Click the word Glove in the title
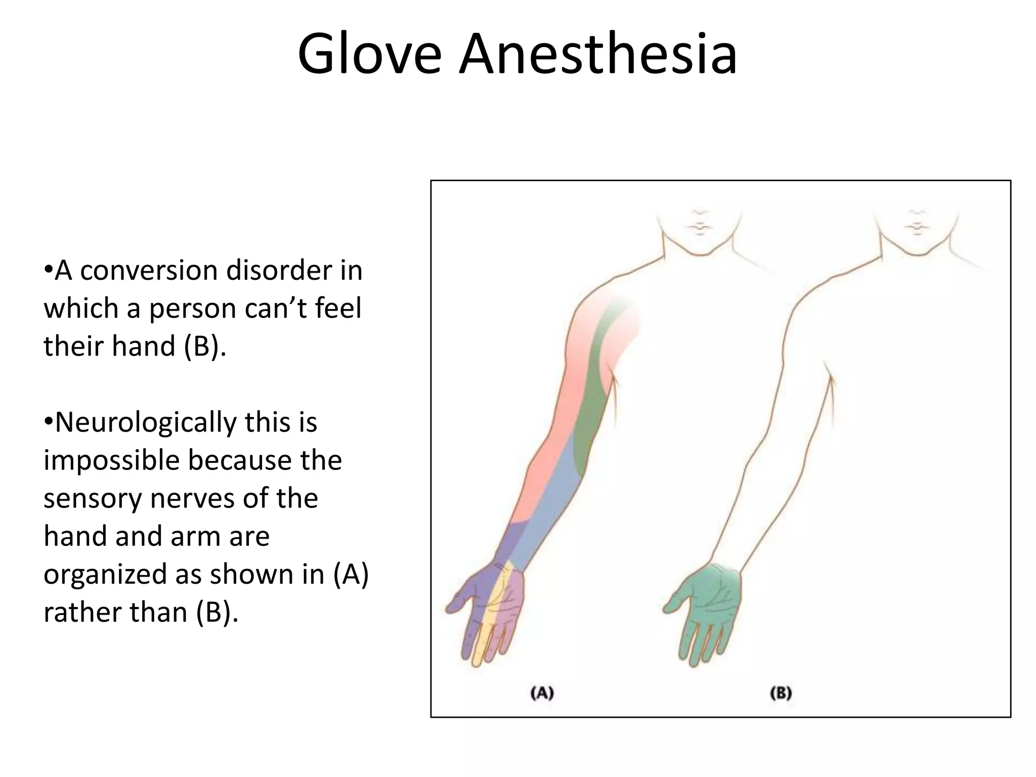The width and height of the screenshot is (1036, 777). coord(369,55)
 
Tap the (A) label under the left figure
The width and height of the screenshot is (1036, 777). coord(542,693)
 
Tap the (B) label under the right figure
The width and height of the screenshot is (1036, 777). coord(781,693)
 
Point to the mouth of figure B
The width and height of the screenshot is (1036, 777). coord(917,226)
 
